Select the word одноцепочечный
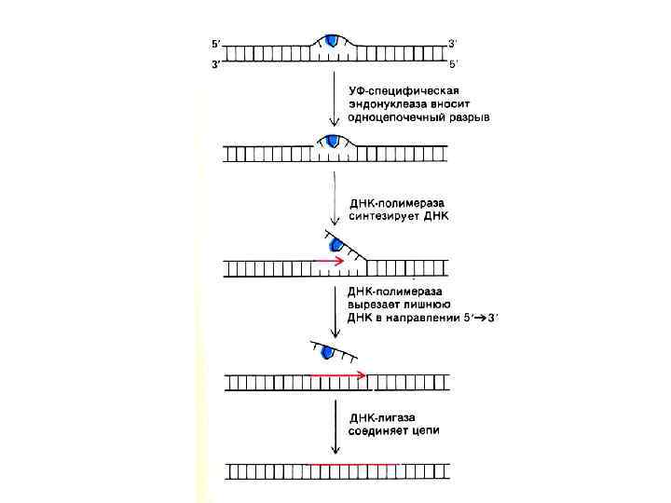pos(398,117)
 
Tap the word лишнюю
pos(430,304)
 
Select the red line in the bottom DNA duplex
pos(354,463)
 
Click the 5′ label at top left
pos(216,42)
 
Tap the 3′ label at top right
pos(452,42)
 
